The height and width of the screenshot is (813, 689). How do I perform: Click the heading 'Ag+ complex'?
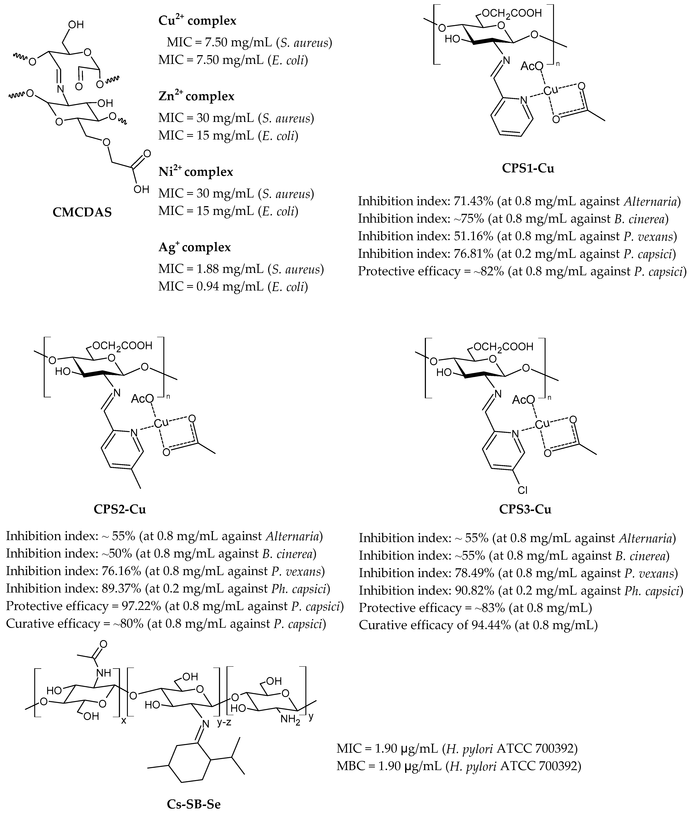(x=195, y=247)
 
